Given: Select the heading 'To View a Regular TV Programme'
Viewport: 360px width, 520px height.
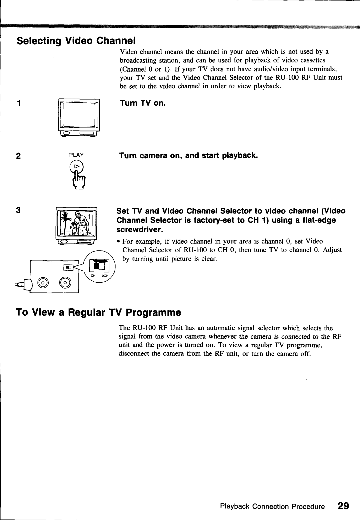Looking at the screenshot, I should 99,313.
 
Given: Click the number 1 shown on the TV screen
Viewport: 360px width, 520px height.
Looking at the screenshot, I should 89,217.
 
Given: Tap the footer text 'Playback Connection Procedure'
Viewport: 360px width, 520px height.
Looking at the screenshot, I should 272,507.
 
